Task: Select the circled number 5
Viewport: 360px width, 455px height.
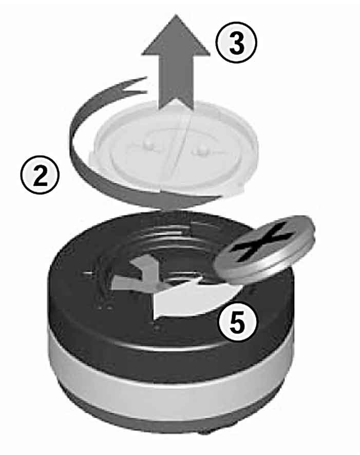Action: [238, 323]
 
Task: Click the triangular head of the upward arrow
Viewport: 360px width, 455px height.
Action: [176, 35]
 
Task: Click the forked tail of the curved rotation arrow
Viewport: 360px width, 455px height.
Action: [135, 85]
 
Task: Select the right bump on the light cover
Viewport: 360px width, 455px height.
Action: [200, 151]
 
